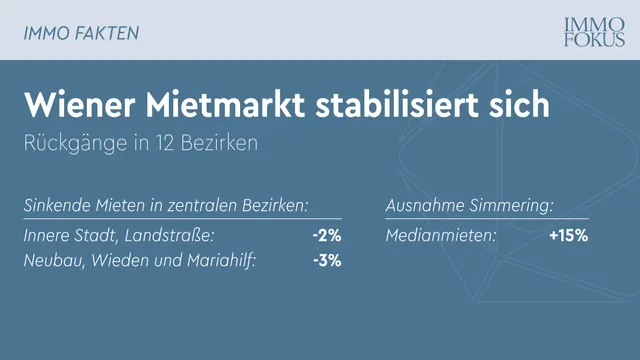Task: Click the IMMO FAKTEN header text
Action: (x=81, y=33)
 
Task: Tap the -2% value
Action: (x=326, y=236)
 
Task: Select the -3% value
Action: (x=326, y=261)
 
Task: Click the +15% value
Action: (x=568, y=236)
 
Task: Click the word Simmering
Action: (x=511, y=207)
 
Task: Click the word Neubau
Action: (x=51, y=261)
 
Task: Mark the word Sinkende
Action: (x=56, y=207)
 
